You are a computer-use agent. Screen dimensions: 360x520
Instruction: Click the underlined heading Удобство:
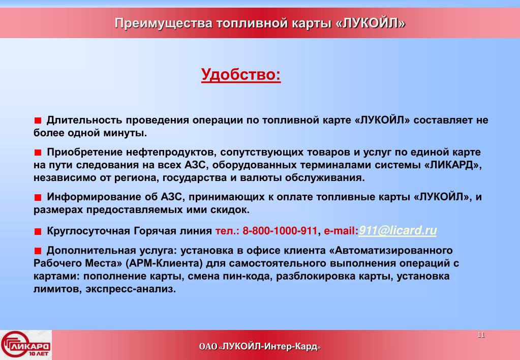pyautogui.click(x=241, y=75)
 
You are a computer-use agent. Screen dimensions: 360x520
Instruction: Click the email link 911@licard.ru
pyautogui.click(x=397, y=230)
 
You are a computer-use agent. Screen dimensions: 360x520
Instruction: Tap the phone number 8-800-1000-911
pyautogui.click(x=280, y=231)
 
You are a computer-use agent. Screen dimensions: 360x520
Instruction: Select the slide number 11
pyautogui.click(x=481, y=335)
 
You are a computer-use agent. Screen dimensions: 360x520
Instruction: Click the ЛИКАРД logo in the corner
pyautogui.click(x=26, y=345)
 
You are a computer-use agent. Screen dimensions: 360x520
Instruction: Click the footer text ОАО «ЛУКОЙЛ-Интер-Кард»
pyautogui.click(x=260, y=347)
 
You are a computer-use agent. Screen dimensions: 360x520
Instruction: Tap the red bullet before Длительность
pyautogui.click(x=38, y=121)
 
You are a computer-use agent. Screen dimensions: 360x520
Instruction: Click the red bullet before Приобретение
pyautogui.click(x=38, y=153)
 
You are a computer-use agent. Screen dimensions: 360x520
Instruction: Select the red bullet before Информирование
pyautogui.click(x=38, y=197)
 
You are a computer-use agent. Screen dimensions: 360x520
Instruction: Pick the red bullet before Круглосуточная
pyautogui.click(x=38, y=231)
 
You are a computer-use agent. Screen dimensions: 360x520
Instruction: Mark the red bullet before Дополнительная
pyautogui.click(x=38, y=251)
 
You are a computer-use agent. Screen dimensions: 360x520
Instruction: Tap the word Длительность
pyautogui.click(x=85, y=121)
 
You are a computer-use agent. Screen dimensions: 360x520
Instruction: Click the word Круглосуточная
pyautogui.click(x=88, y=231)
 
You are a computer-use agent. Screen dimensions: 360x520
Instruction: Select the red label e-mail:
pyautogui.click(x=341, y=231)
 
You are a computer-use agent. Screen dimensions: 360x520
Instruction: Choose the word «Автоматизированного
pyautogui.click(x=391, y=250)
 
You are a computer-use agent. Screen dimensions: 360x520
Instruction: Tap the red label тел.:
pyautogui.click(x=227, y=231)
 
